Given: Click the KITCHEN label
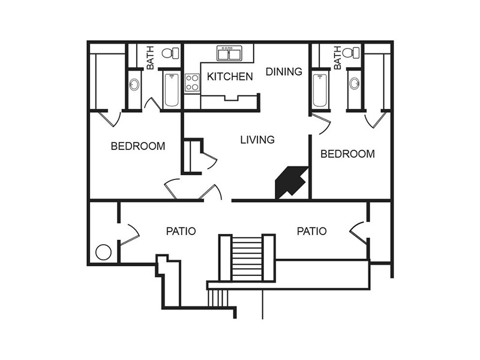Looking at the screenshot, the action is (230, 77).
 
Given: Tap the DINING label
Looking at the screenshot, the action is (284, 71).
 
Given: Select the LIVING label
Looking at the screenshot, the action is (257, 140).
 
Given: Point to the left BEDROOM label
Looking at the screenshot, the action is (138, 146).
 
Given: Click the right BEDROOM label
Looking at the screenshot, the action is (347, 154).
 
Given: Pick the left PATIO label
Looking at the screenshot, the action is (181, 231).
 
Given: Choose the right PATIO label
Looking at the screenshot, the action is (311, 231).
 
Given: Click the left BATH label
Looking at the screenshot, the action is (151, 58).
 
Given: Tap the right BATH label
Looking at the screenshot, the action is (337, 58).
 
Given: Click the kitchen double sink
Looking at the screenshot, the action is (229, 53).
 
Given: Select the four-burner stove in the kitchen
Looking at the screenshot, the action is (192, 83).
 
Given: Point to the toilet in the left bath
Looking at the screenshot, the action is (170, 53).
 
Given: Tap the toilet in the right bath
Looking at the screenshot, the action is (351, 53).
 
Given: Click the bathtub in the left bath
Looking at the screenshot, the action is (172, 90).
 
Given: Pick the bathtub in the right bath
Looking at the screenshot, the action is (320, 90).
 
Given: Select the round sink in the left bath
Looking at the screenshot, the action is (134, 84).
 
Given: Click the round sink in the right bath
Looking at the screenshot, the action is (355, 83).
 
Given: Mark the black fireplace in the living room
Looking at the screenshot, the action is (292, 182).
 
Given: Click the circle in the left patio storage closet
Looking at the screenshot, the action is (103, 252).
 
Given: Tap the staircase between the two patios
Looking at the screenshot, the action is (247, 258).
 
